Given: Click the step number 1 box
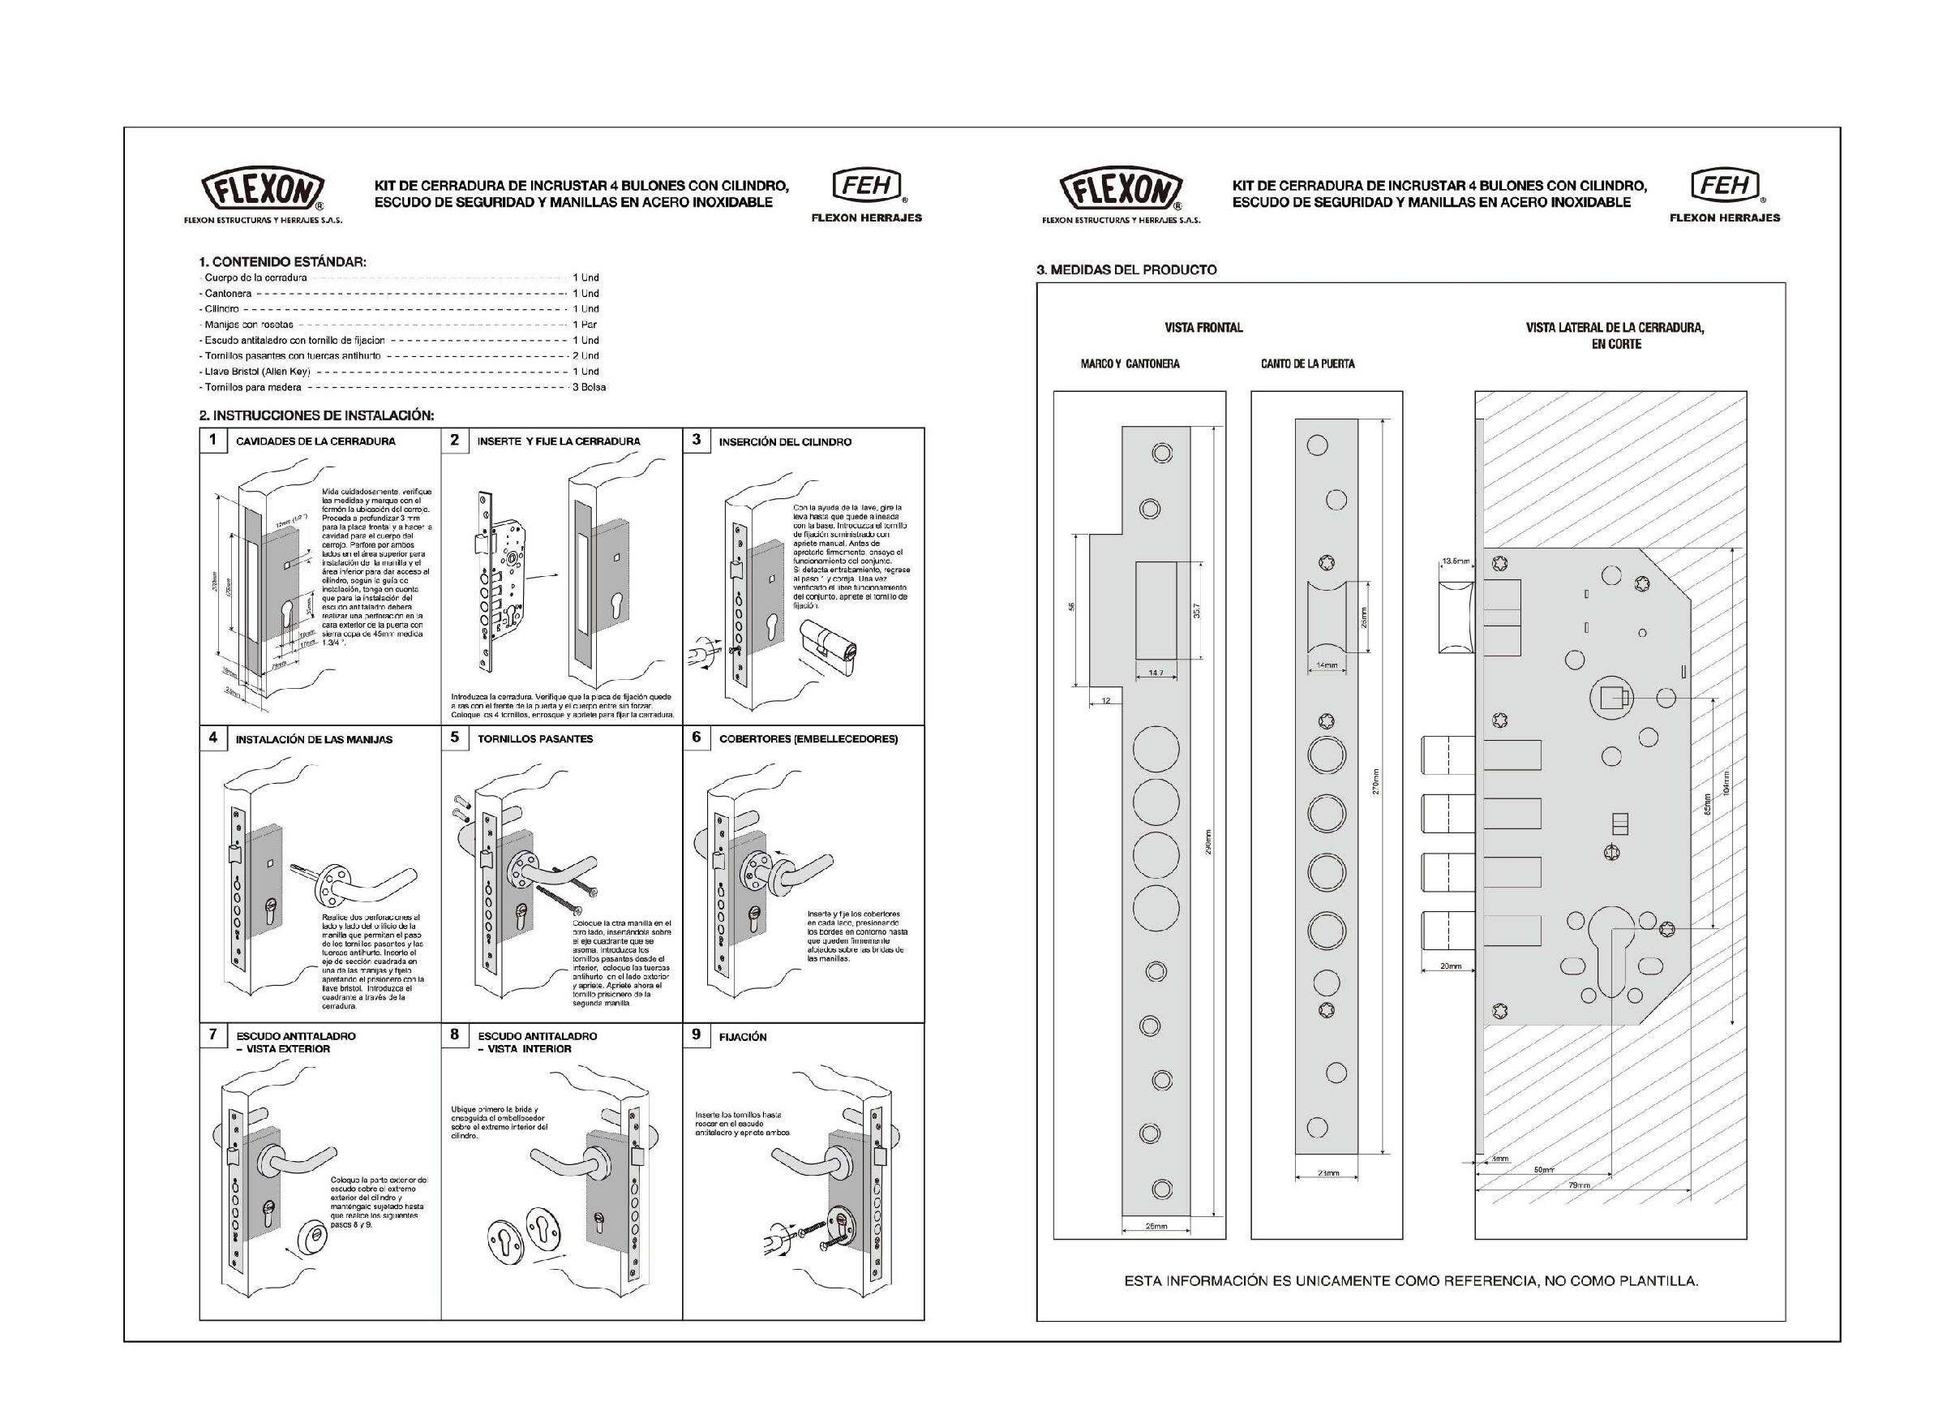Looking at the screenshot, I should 212,440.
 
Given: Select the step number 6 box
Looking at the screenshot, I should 697,738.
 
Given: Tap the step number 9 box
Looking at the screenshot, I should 697,1034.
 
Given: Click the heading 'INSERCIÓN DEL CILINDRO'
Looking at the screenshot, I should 785,441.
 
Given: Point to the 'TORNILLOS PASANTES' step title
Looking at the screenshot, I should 535,739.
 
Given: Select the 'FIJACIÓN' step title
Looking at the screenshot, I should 742,1036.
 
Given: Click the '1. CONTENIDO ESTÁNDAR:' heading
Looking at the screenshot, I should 282,261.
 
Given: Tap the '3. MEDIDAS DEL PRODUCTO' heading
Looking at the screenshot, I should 1126,269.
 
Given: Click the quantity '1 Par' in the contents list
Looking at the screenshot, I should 585,325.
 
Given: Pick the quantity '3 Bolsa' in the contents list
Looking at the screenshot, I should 589,387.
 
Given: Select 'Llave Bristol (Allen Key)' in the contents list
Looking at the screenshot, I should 258,372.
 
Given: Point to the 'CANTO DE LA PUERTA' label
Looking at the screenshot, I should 1306,364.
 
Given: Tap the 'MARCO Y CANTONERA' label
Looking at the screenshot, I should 1130,364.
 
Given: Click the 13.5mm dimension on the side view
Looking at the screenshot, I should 1456,561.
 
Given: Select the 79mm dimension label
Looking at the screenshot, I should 1578,1185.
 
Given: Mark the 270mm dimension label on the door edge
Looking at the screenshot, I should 1375,781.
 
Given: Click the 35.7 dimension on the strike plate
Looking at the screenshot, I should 1197,610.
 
